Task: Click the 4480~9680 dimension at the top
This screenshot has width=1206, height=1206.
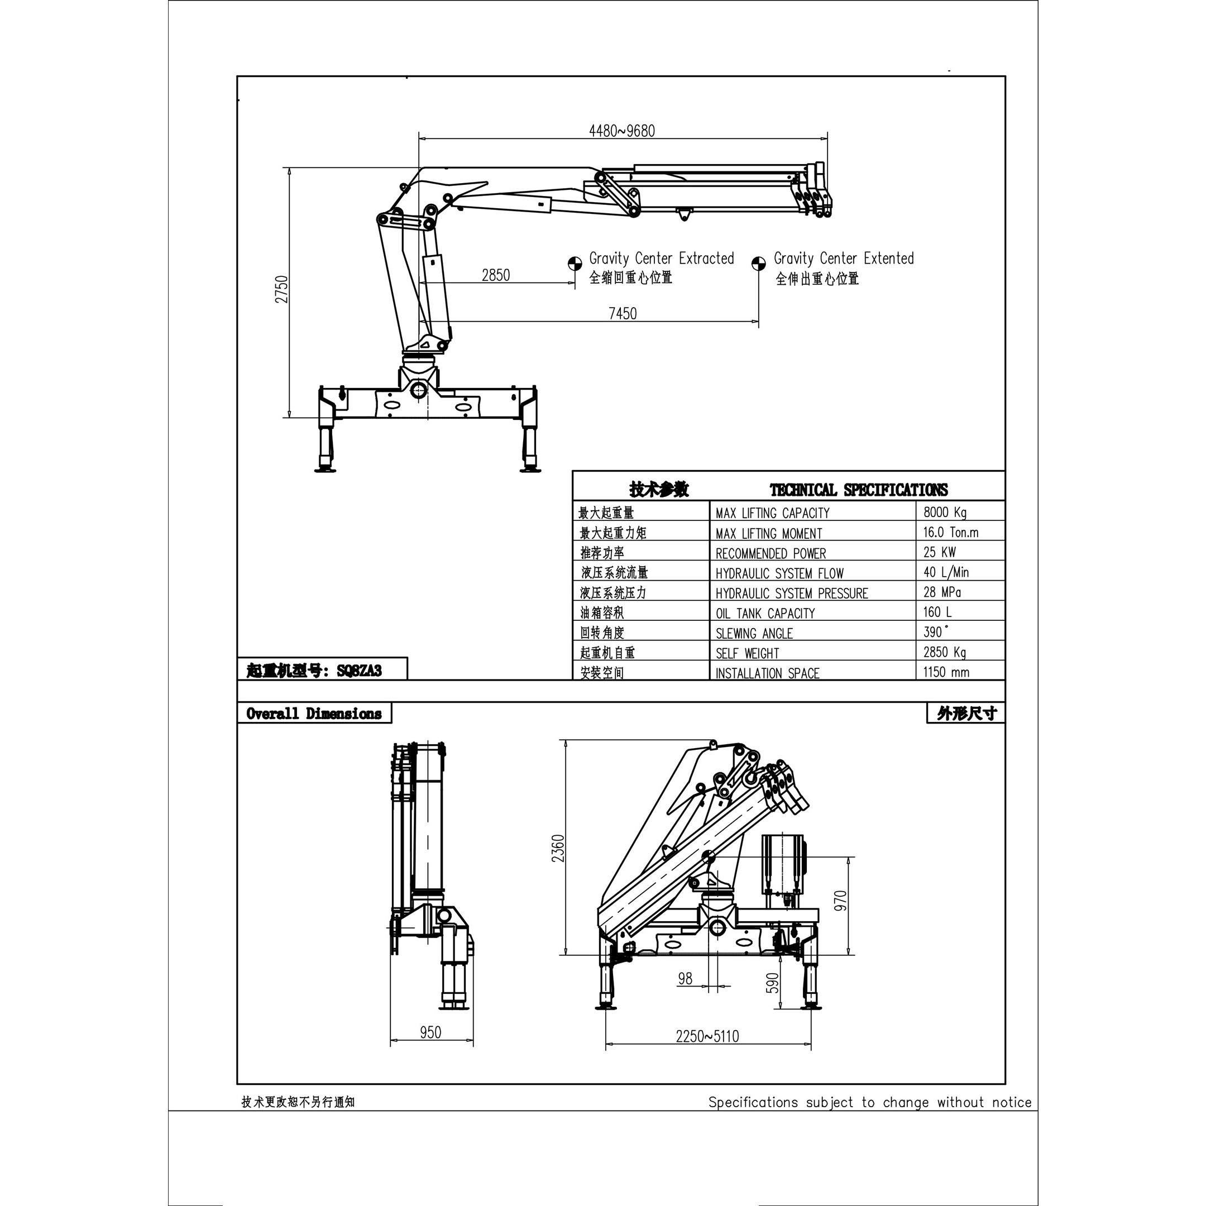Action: (x=622, y=131)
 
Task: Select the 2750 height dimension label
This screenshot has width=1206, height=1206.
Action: (x=282, y=289)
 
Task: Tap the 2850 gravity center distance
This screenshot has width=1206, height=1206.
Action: (x=496, y=275)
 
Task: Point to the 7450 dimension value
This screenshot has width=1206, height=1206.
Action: (x=623, y=313)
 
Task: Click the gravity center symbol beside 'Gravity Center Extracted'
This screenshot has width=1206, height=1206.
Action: (x=575, y=264)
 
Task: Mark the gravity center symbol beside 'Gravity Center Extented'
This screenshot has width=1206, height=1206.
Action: (x=758, y=264)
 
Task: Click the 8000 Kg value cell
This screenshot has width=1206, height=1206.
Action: (x=945, y=513)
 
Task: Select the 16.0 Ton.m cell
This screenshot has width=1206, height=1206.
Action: (x=951, y=533)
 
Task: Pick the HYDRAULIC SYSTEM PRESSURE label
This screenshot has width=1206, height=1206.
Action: (x=792, y=593)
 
